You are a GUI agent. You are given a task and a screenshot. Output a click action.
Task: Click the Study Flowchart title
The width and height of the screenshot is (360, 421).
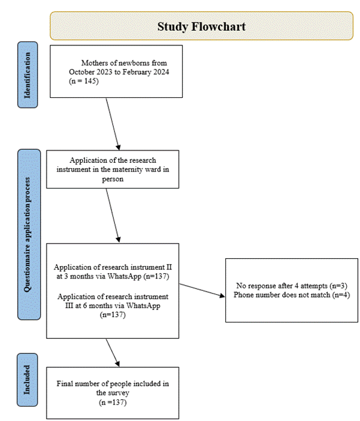[201, 26]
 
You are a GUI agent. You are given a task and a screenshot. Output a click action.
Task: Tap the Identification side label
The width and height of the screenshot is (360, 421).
[28, 75]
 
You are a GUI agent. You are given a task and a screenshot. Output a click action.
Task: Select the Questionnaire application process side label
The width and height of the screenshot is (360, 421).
[28, 234]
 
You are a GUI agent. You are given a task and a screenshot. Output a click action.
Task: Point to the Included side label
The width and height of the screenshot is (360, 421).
[27, 380]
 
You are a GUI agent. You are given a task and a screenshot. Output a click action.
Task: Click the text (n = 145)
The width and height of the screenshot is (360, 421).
[83, 81]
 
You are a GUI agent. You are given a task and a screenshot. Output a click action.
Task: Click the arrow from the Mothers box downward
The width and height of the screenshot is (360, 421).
[113, 123]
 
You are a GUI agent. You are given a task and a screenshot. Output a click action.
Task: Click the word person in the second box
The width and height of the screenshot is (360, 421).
[113, 179]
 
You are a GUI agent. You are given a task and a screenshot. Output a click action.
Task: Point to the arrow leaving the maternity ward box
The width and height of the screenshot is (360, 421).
[113, 215]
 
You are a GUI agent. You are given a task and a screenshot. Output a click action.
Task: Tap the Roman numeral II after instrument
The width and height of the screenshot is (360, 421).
[169, 267]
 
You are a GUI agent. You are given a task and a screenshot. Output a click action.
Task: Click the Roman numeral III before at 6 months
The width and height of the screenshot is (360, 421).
[69, 305]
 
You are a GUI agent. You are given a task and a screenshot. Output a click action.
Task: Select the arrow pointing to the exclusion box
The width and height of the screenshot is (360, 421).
[202, 290]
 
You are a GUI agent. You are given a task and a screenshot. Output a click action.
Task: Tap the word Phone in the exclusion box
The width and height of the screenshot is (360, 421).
[242, 295]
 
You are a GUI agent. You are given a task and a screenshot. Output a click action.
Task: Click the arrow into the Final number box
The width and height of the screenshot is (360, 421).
[113, 353]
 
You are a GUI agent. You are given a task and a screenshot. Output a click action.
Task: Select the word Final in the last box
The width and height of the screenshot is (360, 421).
[64, 384]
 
